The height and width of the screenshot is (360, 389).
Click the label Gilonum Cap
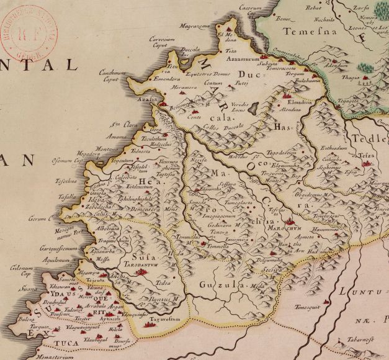(20, 270)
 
